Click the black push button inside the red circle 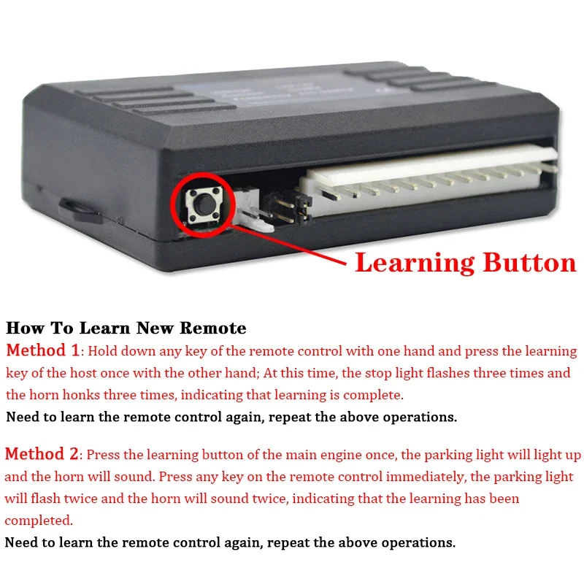(x=204, y=204)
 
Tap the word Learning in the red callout (x=415, y=264)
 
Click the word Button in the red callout (x=530, y=262)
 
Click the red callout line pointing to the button (x=289, y=245)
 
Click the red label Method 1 (x=43, y=350)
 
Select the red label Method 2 (x=42, y=454)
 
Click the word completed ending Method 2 (x=39, y=520)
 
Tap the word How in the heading (x=26, y=328)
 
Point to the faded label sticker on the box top (x=283, y=94)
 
